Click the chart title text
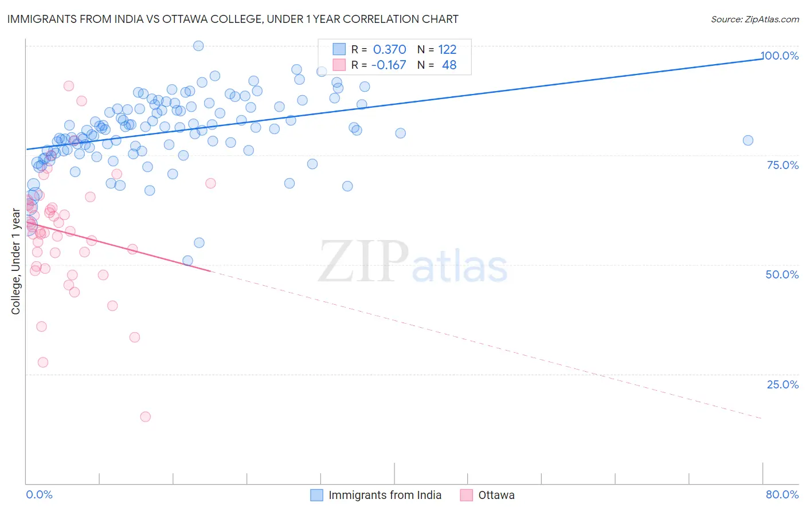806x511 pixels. click(233, 19)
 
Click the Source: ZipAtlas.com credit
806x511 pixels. click(754, 19)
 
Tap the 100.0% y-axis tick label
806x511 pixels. click(780, 56)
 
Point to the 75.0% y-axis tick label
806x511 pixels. click(782, 165)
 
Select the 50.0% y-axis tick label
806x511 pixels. click(782, 274)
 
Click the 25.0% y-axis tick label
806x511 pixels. click(782, 384)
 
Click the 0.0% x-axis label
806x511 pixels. click(39, 494)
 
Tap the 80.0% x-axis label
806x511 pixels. click(782, 494)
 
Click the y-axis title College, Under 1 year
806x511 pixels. click(16, 262)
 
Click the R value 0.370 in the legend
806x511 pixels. click(389, 49)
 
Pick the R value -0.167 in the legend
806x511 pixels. click(388, 65)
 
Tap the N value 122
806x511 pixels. click(447, 49)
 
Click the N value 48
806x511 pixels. click(449, 65)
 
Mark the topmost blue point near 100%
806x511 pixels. click(198, 46)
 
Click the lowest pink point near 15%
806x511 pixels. click(146, 416)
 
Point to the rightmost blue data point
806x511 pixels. click(748, 140)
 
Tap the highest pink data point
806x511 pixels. click(69, 86)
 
